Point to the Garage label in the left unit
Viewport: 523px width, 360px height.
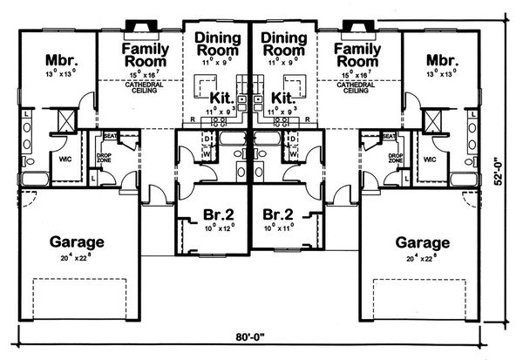(x=76, y=242)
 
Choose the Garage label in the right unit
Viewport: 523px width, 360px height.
(x=424, y=242)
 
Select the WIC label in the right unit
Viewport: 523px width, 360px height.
(x=428, y=160)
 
